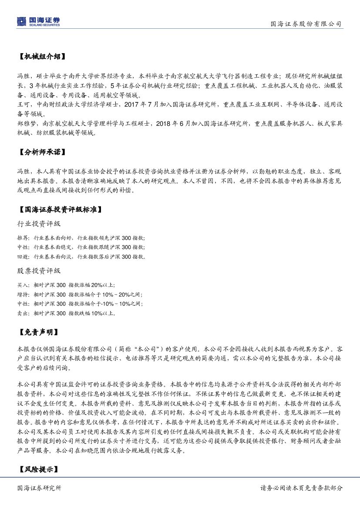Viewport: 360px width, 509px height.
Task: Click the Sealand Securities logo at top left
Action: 38,21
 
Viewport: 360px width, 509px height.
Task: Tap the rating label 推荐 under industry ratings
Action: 23,238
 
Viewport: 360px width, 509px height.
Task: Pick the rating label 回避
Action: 23,256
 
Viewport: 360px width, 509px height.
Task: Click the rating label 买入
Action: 23,285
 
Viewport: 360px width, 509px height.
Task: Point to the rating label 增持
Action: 23,294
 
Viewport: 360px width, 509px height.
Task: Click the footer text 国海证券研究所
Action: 39,488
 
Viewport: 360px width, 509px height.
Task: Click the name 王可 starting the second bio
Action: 23,105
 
